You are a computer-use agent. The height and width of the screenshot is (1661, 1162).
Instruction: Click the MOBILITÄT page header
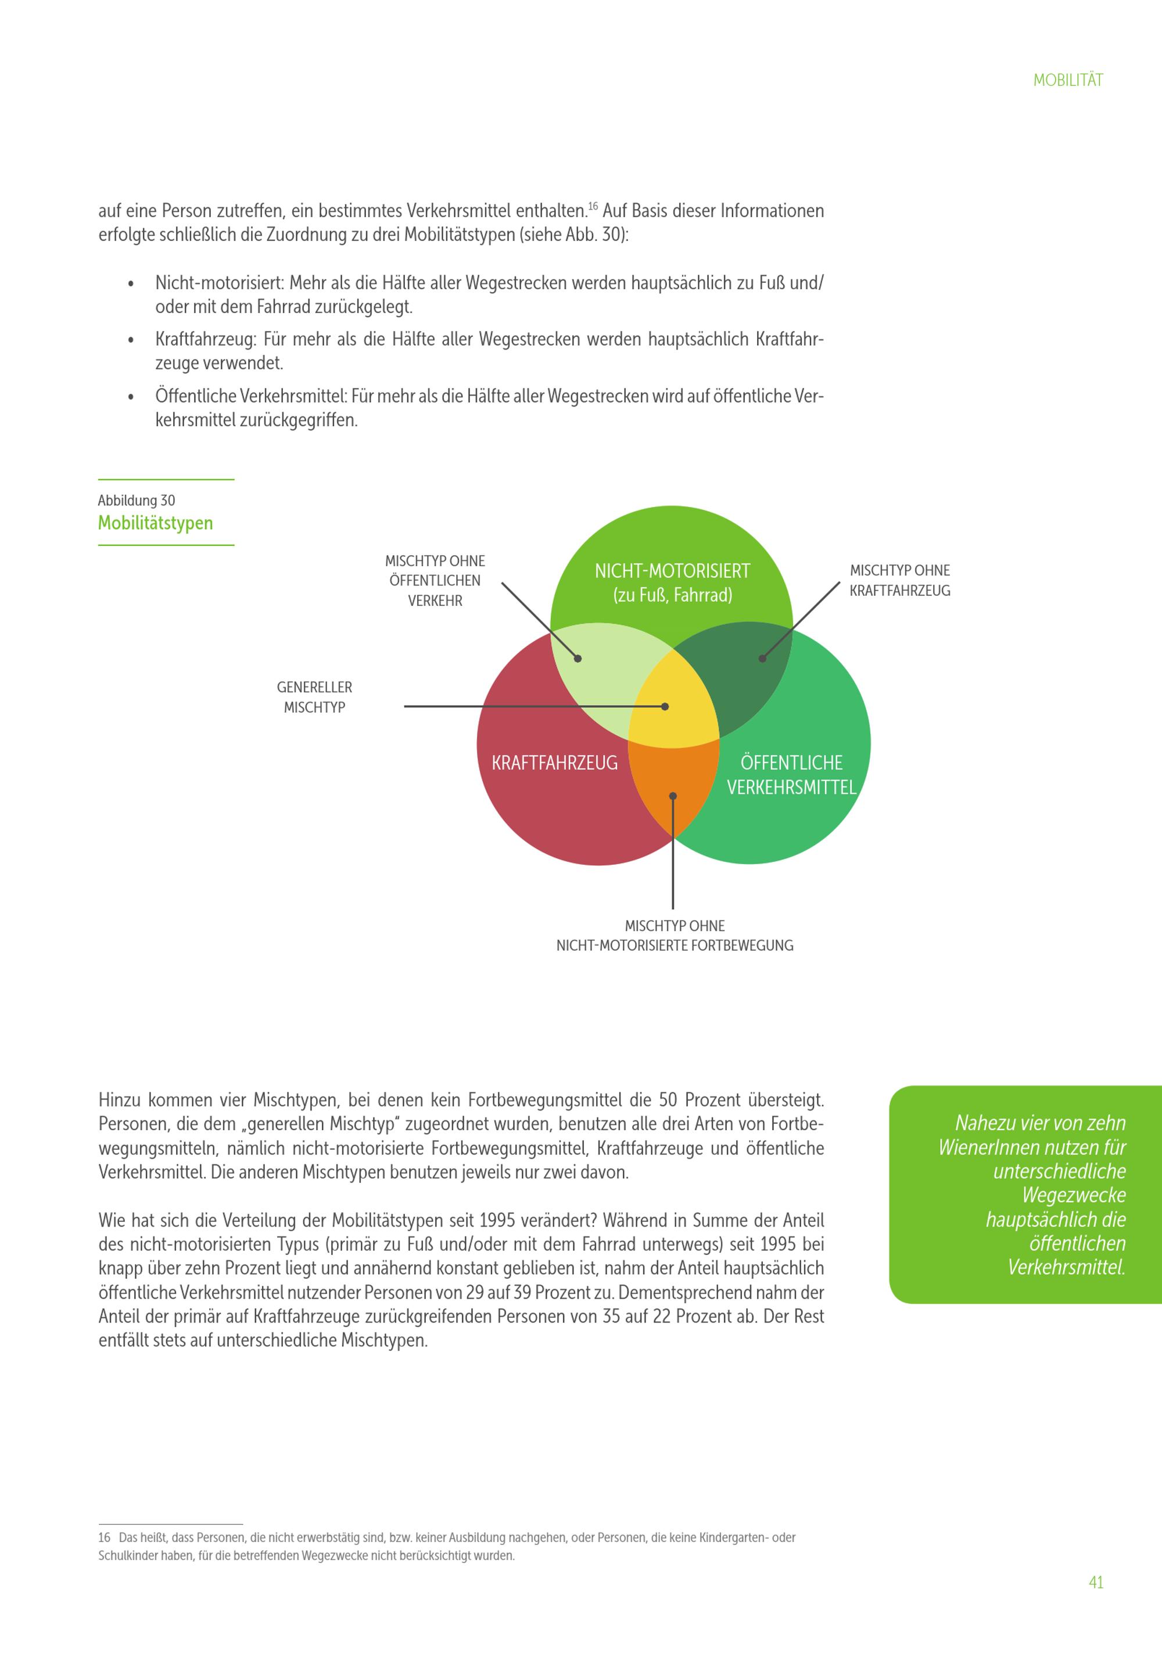click(1067, 80)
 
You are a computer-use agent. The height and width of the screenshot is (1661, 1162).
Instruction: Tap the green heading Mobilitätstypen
click(156, 523)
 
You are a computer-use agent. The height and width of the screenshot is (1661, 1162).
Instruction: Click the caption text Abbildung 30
click(137, 501)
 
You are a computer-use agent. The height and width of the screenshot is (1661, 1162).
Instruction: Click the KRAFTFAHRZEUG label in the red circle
click(554, 763)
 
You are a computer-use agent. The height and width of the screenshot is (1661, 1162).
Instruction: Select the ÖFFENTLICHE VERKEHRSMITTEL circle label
click(791, 775)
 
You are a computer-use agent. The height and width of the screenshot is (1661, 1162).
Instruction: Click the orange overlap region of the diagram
click(673, 785)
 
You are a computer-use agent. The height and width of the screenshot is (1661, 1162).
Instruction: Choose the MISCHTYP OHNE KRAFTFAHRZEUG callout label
click(899, 580)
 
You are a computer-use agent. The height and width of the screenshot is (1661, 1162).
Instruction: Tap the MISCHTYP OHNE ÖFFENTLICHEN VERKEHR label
click(435, 580)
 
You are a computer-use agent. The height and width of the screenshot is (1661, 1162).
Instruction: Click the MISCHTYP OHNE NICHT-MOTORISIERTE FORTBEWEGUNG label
click(675, 936)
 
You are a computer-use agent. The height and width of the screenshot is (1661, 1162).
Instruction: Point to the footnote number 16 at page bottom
click(104, 1537)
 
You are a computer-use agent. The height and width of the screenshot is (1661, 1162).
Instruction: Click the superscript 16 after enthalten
click(593, 206)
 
